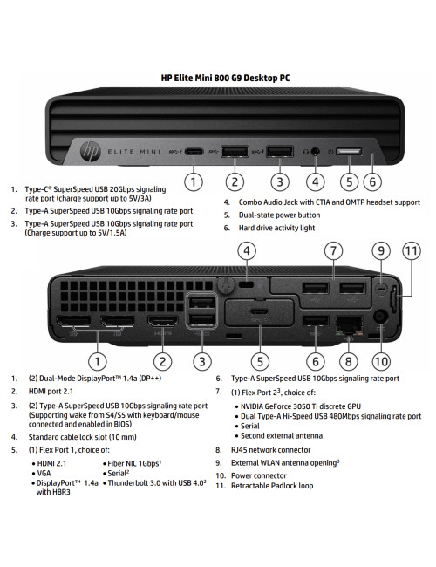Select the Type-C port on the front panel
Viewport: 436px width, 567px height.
tap(194, 152)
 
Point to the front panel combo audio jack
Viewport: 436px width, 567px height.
tap(314, 152)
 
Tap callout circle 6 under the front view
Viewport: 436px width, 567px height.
tap(372, 181)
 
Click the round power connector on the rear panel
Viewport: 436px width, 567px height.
tap(380, 320)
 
